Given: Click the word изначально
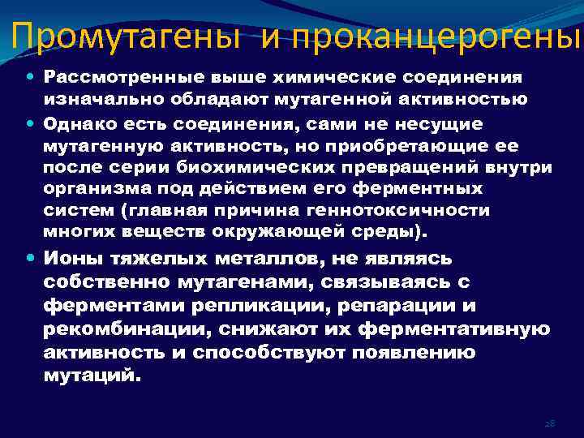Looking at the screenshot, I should [x=101, y=99].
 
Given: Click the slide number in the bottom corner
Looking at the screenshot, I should [x=548, y=424].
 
